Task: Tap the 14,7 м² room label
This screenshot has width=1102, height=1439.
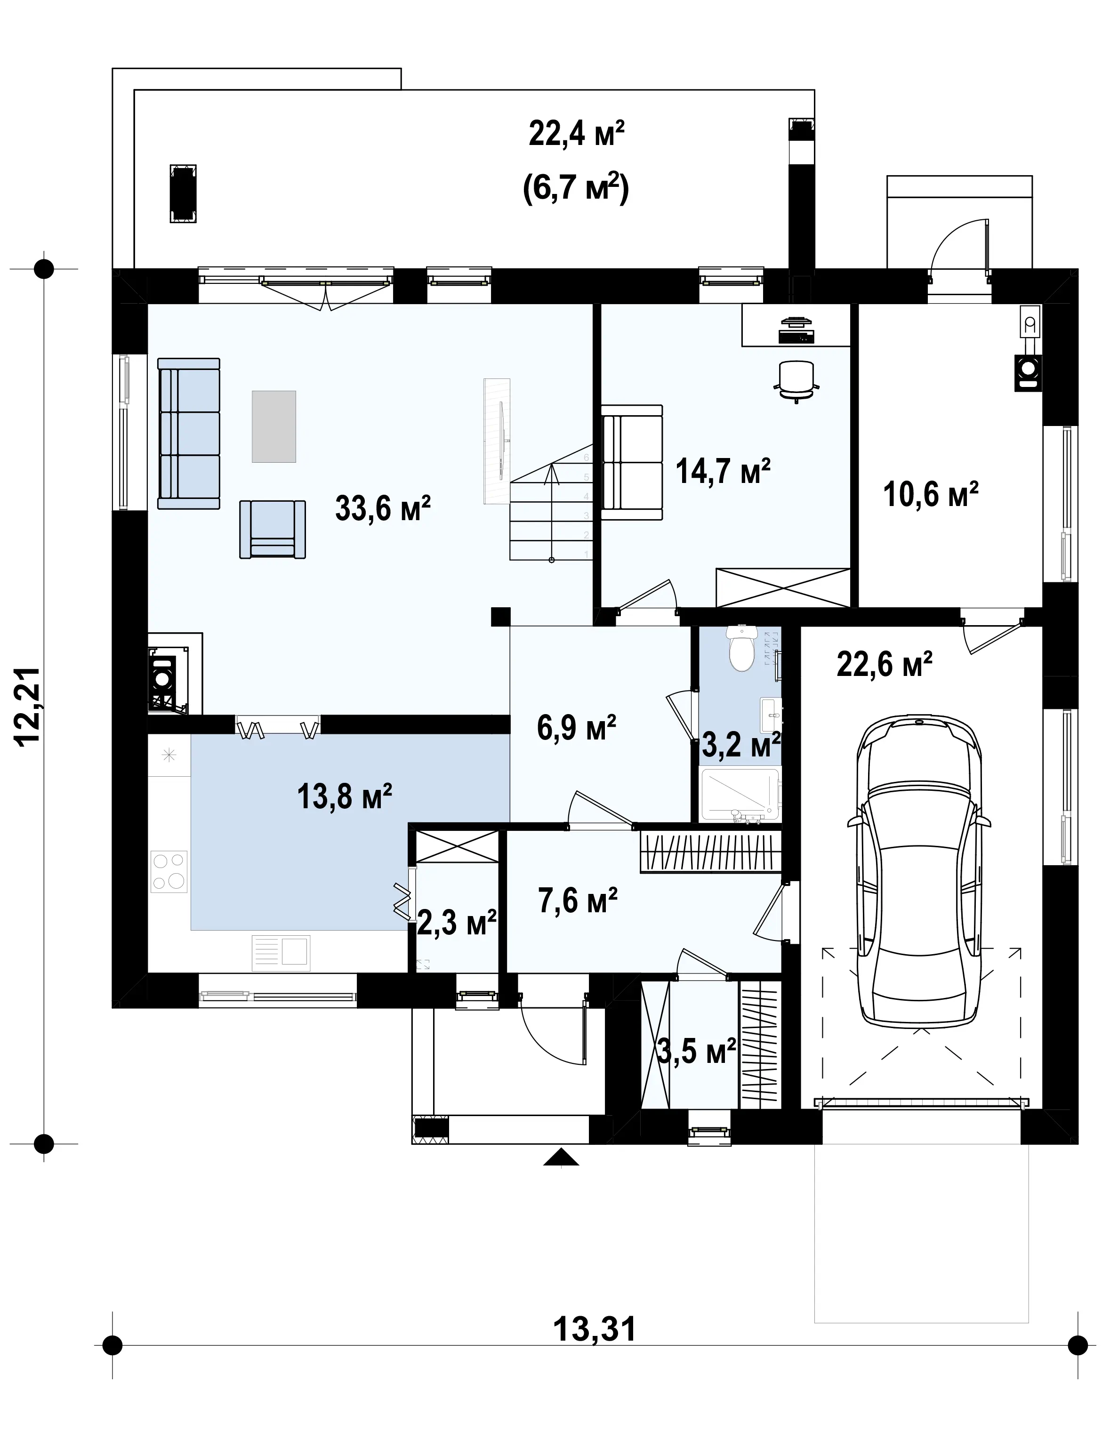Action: point(723,471)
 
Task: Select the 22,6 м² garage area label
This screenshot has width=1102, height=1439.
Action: point(884,664)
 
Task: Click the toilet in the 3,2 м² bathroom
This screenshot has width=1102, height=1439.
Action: point(742,648)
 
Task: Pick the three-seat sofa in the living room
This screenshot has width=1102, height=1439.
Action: point(189,434)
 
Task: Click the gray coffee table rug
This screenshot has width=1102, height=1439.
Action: point(274,426)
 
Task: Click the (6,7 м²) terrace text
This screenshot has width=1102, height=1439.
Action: point(576,189)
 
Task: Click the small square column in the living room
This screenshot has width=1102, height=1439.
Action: point(500,617)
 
